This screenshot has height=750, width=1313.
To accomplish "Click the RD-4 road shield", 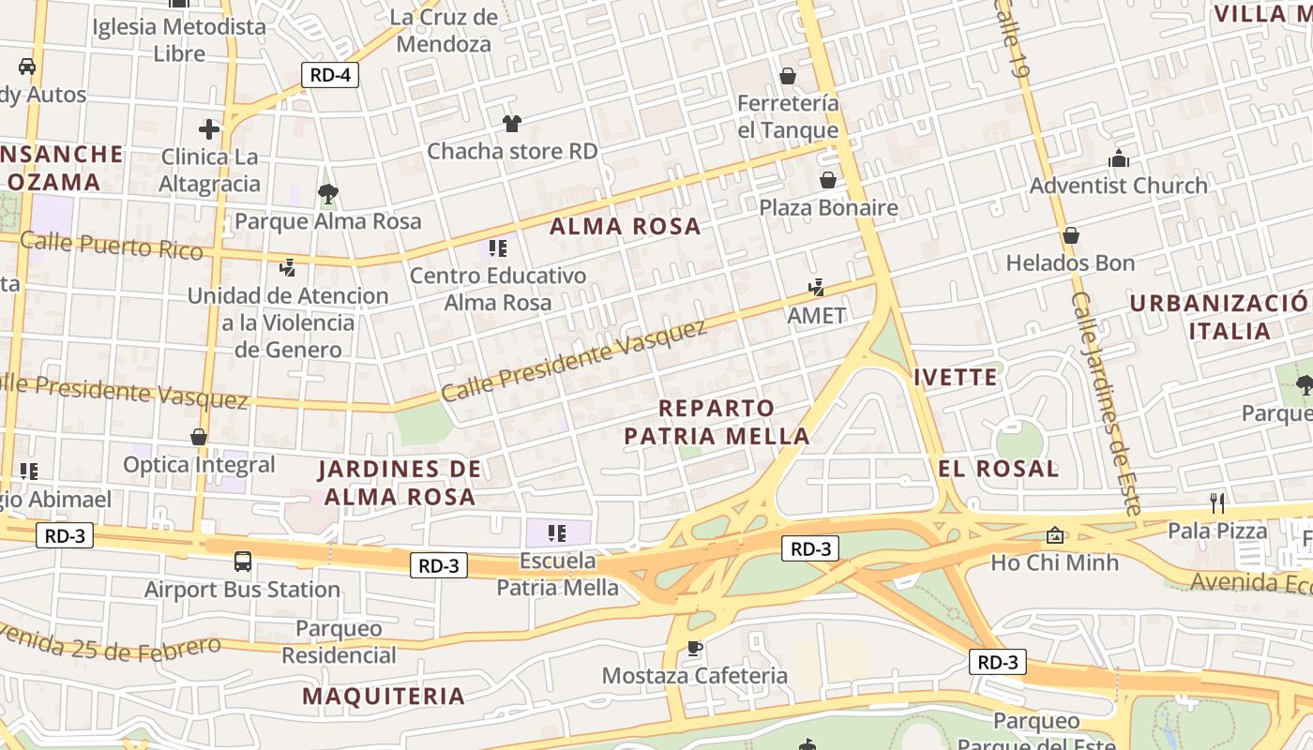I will [330, 75].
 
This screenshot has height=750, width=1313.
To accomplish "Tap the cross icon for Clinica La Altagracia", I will [209, 128].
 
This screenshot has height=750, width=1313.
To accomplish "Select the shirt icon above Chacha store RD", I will [511, 123].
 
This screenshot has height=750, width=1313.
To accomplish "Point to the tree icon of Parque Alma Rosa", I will [327, 194].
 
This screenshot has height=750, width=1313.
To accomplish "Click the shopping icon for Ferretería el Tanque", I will [788, 75].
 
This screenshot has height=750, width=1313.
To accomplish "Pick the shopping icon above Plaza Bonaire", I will [828, 180].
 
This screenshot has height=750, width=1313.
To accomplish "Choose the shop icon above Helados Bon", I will [1070, 235].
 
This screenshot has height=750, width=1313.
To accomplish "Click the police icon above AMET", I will [817, 288].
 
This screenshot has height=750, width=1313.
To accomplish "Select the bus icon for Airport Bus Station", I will [243, 562].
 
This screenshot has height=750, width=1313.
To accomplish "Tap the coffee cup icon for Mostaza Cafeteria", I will [694, 648].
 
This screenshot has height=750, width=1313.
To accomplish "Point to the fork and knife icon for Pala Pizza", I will [1217, 503].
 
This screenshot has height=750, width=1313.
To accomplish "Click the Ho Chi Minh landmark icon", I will [1055, 535].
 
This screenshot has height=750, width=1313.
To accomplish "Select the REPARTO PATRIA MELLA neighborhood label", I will [717, 422].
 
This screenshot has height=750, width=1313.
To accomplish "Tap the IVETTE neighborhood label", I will [956, 378].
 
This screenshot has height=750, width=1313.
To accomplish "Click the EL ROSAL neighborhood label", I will [999, 469].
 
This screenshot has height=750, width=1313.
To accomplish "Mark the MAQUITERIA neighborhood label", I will [384, 696].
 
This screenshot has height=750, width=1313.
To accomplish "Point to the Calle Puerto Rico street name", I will [111, 246].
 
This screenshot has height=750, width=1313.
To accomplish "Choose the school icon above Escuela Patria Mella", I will [557, 533].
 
